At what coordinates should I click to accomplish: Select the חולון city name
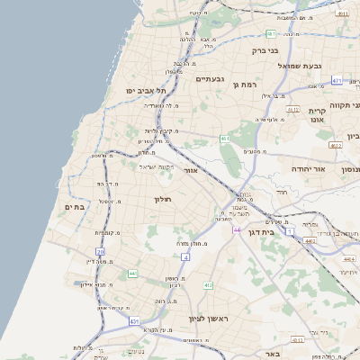tap(163, 199)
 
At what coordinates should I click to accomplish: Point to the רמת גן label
tap(245, 85)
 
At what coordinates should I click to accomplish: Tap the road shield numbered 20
tap(100, 252)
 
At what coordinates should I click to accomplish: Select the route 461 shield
tap(225, 139)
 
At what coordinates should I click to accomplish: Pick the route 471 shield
tap(336, 80)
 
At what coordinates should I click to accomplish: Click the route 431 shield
tap(134, 321)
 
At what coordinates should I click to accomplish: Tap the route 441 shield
tap(132, 273)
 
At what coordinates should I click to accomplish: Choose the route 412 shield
tap(208, 285)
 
